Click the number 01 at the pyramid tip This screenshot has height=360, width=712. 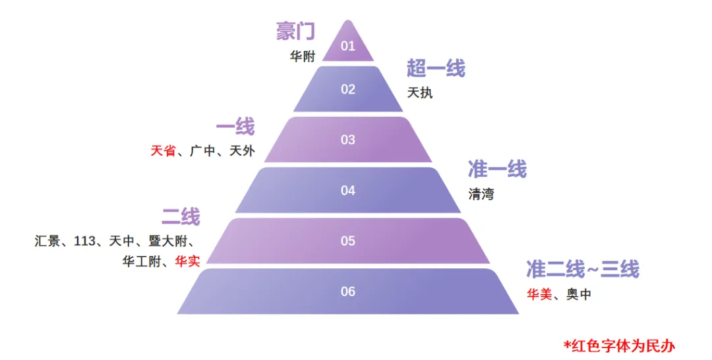point(348,46)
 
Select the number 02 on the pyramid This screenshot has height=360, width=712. point(348,90)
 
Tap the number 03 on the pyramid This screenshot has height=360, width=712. point(348,140)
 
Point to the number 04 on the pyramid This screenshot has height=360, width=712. point(348,191)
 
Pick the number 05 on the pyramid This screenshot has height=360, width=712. point(348,241)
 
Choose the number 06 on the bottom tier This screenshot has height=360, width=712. point(348,291)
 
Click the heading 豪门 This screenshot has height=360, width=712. point(295,31)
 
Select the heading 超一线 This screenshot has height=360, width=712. point(436,68)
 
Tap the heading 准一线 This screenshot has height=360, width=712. point(497,169)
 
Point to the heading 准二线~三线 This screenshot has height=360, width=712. point(582,269)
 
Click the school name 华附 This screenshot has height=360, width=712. point(303,56)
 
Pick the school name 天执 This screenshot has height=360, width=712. point(420,93)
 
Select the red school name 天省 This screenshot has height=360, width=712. point(163,151)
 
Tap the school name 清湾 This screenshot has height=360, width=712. point(481,195)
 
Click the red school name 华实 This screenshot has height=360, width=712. point(187,261)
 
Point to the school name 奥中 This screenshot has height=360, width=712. point(579,295)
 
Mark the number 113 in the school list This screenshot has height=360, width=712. point(85,241)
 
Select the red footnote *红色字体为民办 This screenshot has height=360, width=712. point(619,345)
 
